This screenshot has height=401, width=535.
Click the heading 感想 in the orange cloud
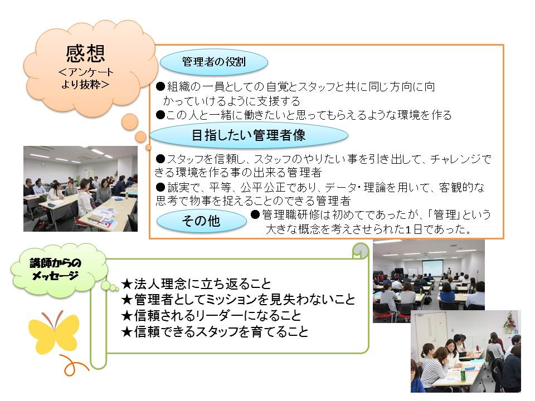pyautogui.click(x=85, y=53)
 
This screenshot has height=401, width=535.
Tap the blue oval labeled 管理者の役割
pyautogui.click(x=214, y=62)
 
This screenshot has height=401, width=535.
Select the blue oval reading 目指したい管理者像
pyautogui.click(x=249, y=135)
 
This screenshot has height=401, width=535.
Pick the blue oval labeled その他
pyautogui.click(x=201, y=221)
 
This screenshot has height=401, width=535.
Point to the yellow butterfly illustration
pyautogui.click(x=54, y=333)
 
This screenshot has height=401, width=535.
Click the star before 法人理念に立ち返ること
pyautogui.click(x=127, y=283)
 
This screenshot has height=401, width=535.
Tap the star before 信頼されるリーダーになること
pyautogui.click(x=127, y=316)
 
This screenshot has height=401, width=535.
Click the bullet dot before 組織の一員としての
pyautogui.click(x=160, y=86)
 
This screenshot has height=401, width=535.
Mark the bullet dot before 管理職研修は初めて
pyautogui.click(x=255, y=214)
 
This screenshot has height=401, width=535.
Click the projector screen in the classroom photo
pyautogui.click(x=432, y=267)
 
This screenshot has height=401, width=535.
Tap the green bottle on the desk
pyautogui.click(x=463, y=374)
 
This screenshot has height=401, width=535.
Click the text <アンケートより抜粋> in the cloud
pyautogui.click(x=85, y=78)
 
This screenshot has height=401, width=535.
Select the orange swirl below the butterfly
pyautogui.click(x=74, y=365)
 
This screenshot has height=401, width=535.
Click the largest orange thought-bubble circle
pyautogui.click(x=130, y=122)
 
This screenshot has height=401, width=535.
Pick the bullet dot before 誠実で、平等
pyautogui.click(x=160, y=187)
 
